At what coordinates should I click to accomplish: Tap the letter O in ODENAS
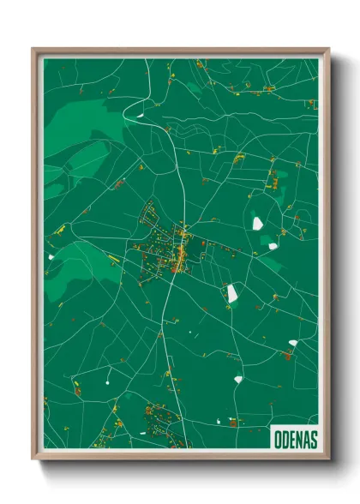coord(277,439)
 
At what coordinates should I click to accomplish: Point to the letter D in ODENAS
coord(285,439)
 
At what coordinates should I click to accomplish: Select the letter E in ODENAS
coord(291,439)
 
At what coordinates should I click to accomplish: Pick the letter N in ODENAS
coord(298,439)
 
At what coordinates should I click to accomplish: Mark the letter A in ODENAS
coord(306,439)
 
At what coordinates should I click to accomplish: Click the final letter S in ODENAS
coord(314,439)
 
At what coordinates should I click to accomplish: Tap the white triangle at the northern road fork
coord(137,112)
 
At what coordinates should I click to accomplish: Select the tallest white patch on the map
coord(232,293)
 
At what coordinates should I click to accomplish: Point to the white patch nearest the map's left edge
coord(51,256)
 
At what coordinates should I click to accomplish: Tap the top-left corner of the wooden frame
coord(33,50)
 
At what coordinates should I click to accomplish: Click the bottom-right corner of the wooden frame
coord(329,459)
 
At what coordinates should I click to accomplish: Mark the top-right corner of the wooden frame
coord(329,50)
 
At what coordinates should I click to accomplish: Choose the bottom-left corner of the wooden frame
coord(33,459)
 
